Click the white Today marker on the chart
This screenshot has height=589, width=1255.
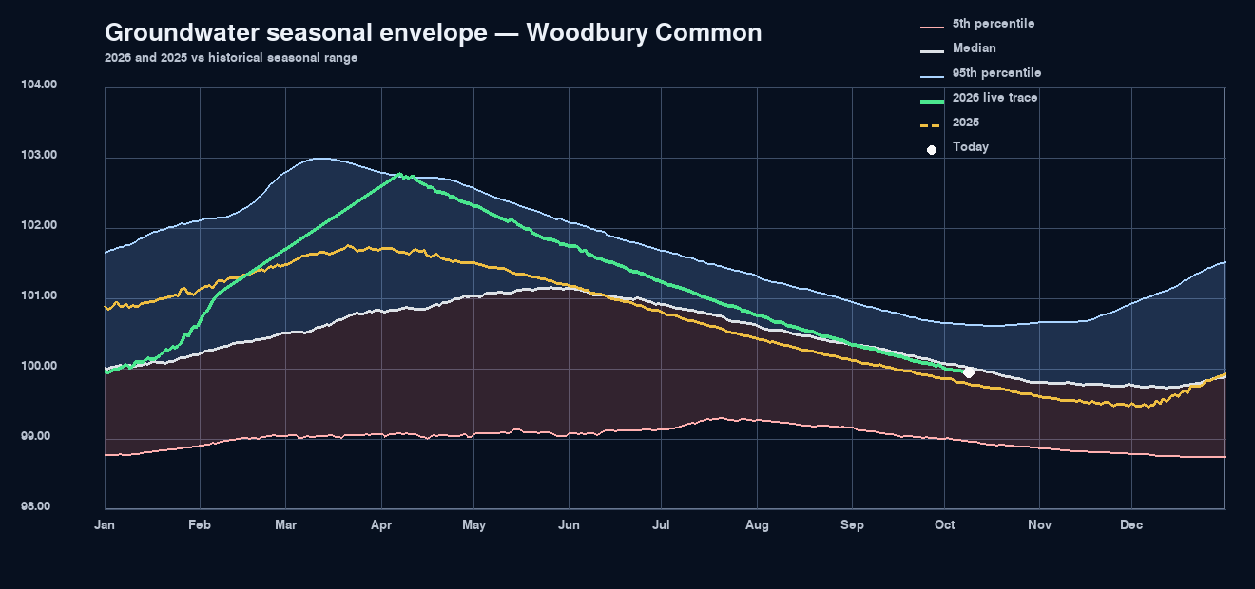point(968,372)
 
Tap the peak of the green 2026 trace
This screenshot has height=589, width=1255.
point(399,174)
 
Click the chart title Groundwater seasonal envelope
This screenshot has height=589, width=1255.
point(434,32)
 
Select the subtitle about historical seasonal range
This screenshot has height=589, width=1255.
point(231,58)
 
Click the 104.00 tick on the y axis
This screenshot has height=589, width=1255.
point(39,85)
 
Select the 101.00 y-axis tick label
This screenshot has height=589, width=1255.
point(39,295)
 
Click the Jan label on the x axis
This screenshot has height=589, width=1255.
point(105,525)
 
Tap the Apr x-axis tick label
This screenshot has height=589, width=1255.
point(381,525)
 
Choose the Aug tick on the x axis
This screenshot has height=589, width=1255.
point(757,525)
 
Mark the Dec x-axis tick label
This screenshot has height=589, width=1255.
point(1131,525)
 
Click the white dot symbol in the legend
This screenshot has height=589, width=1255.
point(932,150)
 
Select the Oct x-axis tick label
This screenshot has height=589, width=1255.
point(945,525)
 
